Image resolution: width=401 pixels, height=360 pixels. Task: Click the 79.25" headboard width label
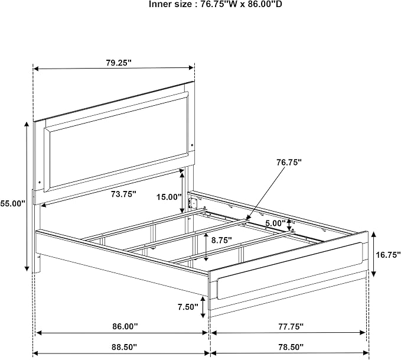pos(119,63)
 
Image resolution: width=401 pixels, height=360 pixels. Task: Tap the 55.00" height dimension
pos(13,203)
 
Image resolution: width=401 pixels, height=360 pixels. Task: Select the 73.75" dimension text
pos(123,194)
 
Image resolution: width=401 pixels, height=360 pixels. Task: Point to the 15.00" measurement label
pos(169,197)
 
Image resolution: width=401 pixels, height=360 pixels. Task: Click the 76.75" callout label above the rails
pos(289,162)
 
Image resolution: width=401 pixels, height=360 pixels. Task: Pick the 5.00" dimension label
pos(275,223)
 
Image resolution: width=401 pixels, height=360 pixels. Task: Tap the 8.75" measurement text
pos(221,240)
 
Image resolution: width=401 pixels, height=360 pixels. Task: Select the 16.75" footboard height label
pos(388,255)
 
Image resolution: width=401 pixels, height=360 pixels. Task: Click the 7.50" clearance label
pos(188,307)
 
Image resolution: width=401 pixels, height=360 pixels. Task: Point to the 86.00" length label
pos(125,326)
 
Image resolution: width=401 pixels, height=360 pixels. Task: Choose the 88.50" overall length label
pos(124,347)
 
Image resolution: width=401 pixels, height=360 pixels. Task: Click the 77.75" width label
pos(291,326)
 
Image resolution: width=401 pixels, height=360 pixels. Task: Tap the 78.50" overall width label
pos(291,347)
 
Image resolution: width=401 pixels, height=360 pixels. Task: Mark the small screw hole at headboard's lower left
pos(40,182)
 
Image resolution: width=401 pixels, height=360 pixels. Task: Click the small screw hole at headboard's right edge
pos(192,145)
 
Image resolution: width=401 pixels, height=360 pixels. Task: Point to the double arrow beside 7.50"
pos(203,307)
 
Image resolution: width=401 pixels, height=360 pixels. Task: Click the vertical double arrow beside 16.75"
pos(374,254)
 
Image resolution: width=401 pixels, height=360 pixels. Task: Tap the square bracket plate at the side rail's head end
pos(192,203)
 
